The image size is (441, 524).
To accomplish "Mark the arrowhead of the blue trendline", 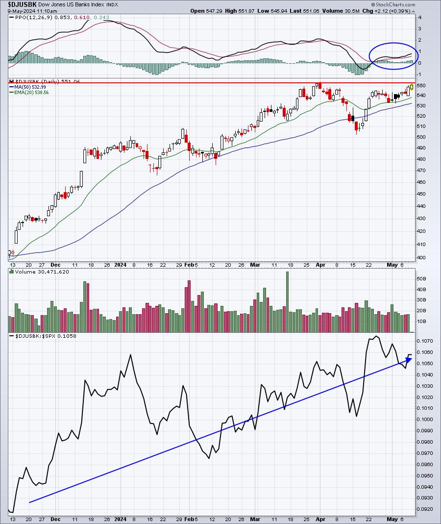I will tap(410, 360).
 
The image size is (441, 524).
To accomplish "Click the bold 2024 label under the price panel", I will tap(120, 265).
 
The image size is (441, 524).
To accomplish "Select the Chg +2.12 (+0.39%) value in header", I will tap(398, 11).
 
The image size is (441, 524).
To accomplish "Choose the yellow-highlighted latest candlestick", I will tap(412, 87).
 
